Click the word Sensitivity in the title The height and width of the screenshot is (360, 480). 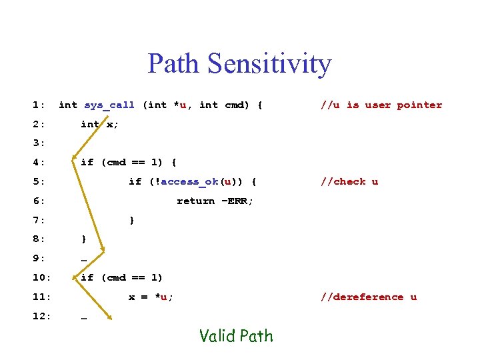(x=269, y=64)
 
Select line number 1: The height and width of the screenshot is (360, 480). (x=39, y=105)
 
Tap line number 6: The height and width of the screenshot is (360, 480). (x=39, y=201)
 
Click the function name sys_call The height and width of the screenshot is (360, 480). (x=109, y=105)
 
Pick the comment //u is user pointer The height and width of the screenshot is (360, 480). (x=381, y=105)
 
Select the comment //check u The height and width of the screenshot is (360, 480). (x=349, y=181)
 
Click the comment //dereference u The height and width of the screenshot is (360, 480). (x=368, y=297)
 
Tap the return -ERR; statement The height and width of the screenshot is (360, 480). (x=215, y=201)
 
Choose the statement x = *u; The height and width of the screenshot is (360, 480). (x=151, y=297)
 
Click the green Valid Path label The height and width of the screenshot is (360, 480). (x=236, y=335)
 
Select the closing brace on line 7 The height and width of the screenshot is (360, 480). (x=131, y=220)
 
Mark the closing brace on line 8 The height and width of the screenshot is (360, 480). (x=83, y=239)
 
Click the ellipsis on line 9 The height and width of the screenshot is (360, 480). (x=83, y=259)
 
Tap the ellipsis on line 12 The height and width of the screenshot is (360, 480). (x=83, y=317)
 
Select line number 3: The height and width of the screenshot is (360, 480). (x=39, y=143)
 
